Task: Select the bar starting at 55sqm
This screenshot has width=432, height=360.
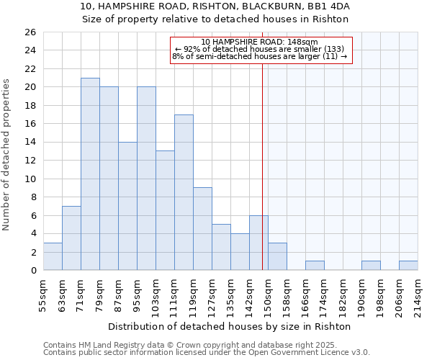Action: [x=53, y=256]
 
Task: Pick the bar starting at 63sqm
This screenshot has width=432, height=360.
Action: [x=71, y=238]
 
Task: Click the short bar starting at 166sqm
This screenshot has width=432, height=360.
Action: [x=315, y=266]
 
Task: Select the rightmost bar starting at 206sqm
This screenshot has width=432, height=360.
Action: [x=408, y=266]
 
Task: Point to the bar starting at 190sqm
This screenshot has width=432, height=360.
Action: [x=371, y=266]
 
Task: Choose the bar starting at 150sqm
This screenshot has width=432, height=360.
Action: [x=277, y=256]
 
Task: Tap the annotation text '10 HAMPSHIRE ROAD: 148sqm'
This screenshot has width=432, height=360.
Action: [x=260, y=42]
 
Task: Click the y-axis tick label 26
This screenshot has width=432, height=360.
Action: [x=30, y=32]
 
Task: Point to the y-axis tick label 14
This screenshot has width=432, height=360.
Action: [x=30, y=143]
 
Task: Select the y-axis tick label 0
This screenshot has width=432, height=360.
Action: [x=32, y=271]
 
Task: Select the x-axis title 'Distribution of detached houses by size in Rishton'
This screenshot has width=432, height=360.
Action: [x=230, y=326]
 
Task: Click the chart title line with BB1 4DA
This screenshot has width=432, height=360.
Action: [x=215, y=6]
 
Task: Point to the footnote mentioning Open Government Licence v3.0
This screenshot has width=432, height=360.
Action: [x=207, y=353]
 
